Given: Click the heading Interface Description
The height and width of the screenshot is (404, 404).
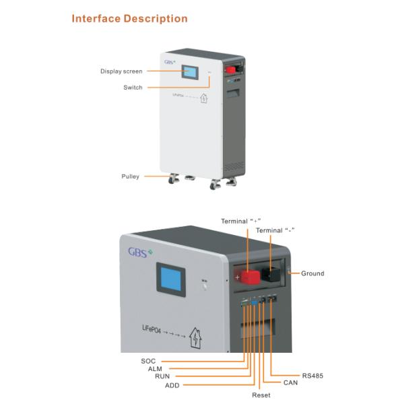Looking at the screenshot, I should coord(129,18).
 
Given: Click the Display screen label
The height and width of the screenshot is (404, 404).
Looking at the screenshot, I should coord(121,71).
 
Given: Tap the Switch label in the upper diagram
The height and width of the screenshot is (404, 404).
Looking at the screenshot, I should coord(133,88).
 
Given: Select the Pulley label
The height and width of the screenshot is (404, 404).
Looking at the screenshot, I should coord(130,176).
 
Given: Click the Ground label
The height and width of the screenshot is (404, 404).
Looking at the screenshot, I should coord(312,273).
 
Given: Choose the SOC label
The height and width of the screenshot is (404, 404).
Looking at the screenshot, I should coord(148,361).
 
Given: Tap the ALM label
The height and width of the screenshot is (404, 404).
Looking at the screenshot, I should coord(156,369).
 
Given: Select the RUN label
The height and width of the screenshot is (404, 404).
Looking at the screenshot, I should coord(162,377).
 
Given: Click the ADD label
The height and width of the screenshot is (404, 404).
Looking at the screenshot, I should coord(172,386).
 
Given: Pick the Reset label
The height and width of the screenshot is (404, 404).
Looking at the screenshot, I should coord(261,395).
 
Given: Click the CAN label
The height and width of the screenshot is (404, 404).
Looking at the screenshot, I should coord(290,382).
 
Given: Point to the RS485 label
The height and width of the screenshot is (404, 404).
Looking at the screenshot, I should coord(312,374).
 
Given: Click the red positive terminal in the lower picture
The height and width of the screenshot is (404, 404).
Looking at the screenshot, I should coord(249,277).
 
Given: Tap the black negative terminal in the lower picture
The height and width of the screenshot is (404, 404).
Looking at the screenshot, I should coord(272,273).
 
